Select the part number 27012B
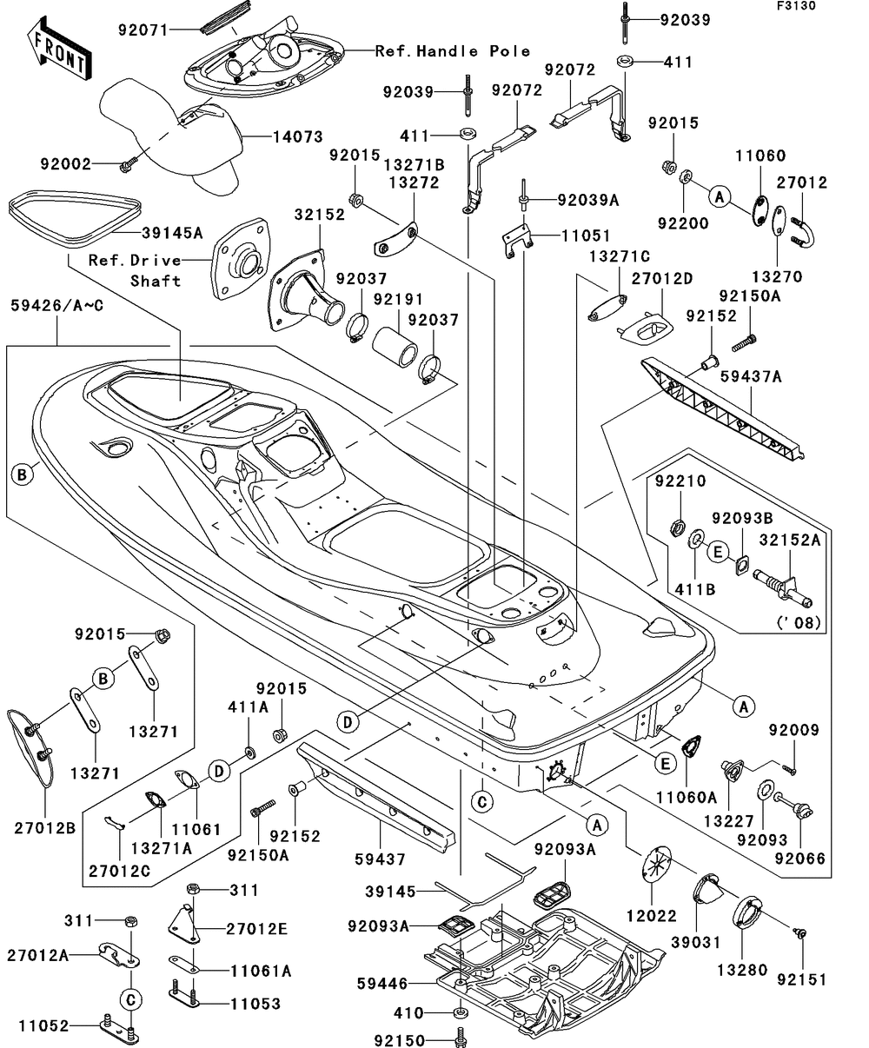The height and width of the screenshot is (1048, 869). (x=43, y=827)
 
